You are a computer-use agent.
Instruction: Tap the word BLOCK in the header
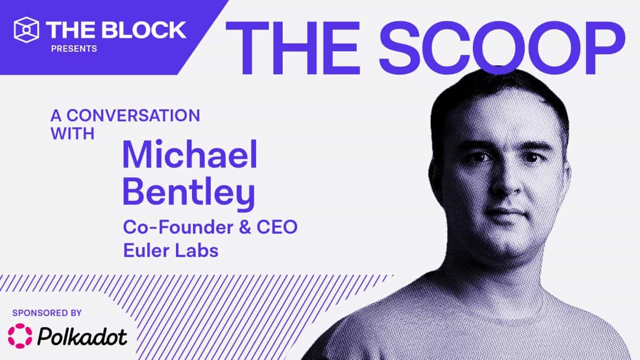click(x=145, y=30)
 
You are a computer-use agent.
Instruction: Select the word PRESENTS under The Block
click(x=74, y=49)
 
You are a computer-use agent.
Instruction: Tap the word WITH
click(x=72, y=133)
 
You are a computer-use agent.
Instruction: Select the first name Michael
click(x=190, y=154)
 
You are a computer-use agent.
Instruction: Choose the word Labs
click(x=198, y=250)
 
